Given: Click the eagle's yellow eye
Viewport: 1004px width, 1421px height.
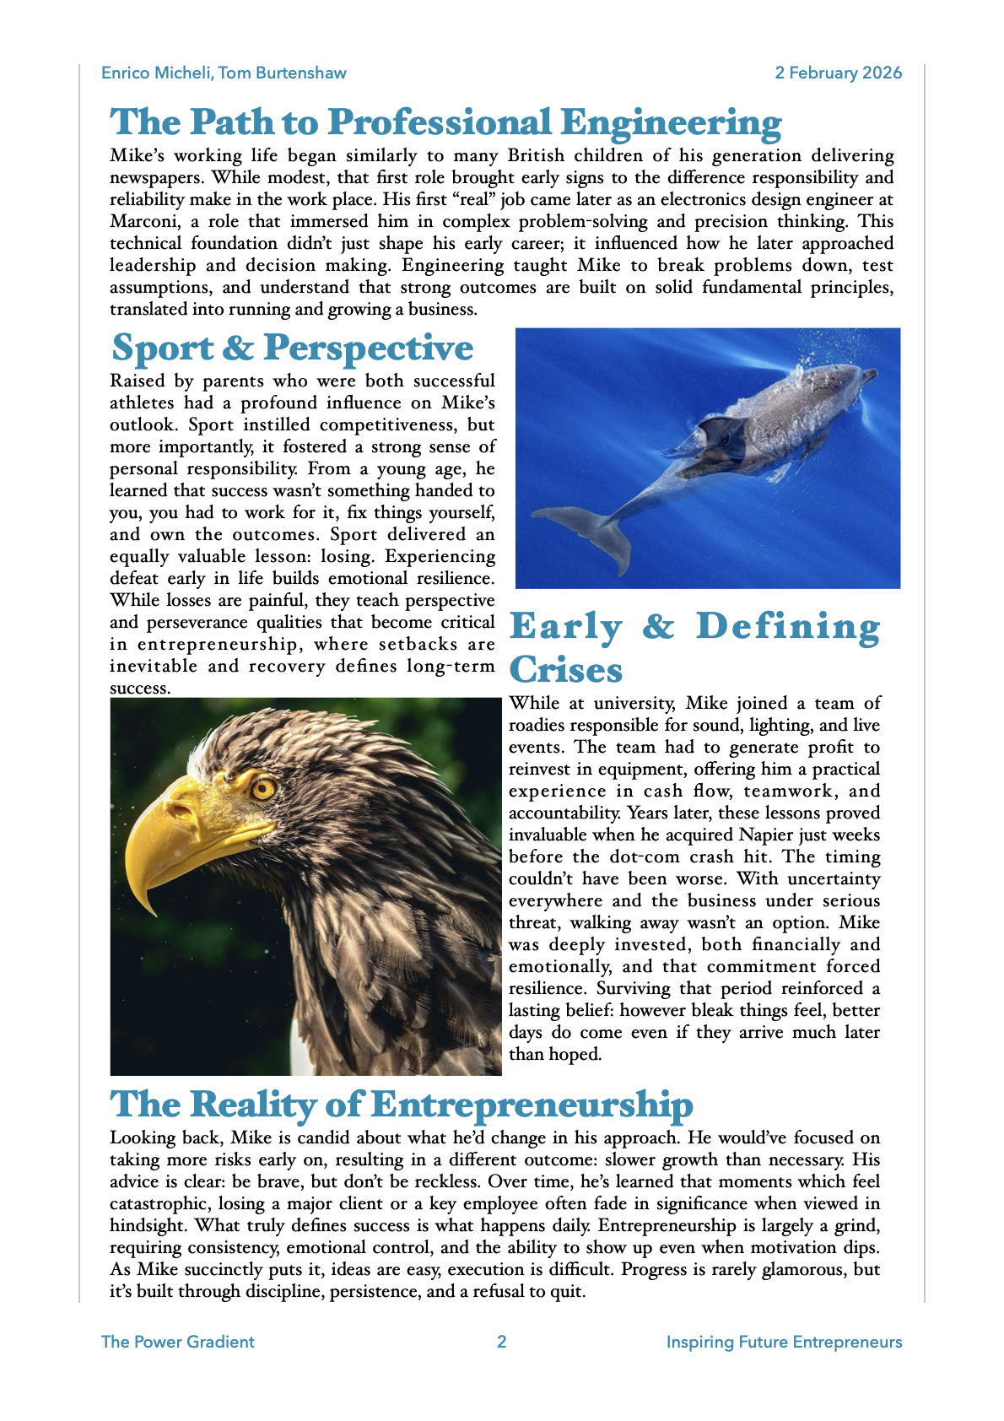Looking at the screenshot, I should point(263,789).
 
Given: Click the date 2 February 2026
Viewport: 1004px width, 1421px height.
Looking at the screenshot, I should point(839,73).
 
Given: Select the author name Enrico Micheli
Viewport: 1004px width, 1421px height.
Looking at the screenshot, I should point(156,73).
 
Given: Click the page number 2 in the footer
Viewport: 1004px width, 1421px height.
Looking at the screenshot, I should point(502,1342).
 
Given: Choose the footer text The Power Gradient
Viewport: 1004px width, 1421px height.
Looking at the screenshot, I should point(177,1342).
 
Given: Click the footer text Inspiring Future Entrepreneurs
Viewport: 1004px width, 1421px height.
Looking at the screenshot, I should point(784,1342).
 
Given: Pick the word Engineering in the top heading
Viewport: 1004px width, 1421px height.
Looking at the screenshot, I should point(671,123).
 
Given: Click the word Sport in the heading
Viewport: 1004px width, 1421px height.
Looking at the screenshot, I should point(163,348).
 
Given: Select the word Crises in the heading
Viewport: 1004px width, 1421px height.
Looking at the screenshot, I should point(566,670).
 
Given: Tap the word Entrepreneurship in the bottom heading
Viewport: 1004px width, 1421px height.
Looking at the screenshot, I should point(532,1105).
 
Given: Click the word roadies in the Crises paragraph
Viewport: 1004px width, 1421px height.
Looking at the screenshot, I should point(537,725).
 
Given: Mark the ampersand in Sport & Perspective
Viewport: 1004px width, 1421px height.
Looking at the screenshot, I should point(239,348).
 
